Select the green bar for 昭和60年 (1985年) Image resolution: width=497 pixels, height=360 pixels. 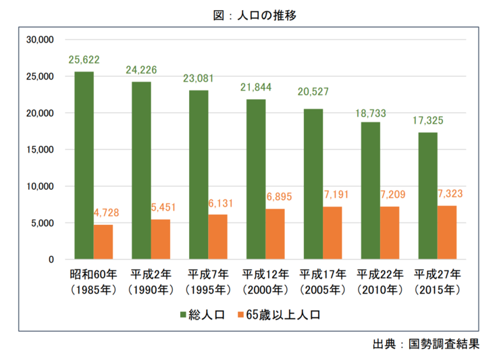pyautogui.click(x=84, y=165)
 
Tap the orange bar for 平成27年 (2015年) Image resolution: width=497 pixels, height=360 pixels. pyautogui.click(x=447, y=232)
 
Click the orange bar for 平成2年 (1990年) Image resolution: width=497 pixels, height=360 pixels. pyautogui.click(x=161, y=239)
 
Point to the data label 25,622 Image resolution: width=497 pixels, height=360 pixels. pyautogui.click(x=84, y=60)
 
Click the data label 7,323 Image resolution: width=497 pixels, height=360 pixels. pyautogui.click(x=447, y=195)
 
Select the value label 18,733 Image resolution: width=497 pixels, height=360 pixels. pyautogui.click(x=370, y=111)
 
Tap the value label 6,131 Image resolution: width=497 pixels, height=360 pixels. pyautogui.click(x=218, y=203)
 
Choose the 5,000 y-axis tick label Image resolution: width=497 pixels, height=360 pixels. pyautogui.click(x=42, y=223)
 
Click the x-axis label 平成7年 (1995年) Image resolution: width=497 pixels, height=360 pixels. pyautogui.click(x=208, y=282)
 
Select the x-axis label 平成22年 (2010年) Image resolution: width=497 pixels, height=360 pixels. pyautogui.click(x=380, y=282)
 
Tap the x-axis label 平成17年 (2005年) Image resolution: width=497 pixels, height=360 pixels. pyautogui.click(x=323, y=282)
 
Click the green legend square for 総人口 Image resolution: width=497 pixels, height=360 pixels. pyautogui.click(x=183, y=315)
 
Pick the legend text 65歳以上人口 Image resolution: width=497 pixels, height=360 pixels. pyautogui.click(x=281, y=315)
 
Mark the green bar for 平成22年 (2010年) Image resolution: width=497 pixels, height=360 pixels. pyautogui.click(x=370, y=190)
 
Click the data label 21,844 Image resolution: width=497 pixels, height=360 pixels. pyautogui.click(x=256, y=88)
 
